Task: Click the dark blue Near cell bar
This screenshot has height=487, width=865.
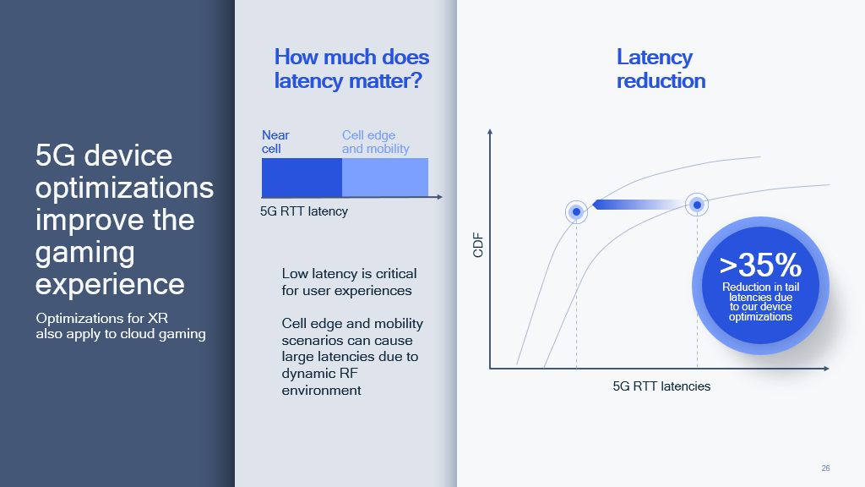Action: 302,178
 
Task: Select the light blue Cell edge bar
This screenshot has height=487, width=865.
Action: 385,178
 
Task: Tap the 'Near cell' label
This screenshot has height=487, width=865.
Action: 275,142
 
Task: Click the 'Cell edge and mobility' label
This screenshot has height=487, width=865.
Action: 375,142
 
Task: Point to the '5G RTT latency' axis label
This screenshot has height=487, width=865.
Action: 304,211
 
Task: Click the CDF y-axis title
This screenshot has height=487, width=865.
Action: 478,245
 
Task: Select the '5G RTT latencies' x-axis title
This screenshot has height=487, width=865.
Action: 661,386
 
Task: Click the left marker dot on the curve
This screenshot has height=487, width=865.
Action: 576,211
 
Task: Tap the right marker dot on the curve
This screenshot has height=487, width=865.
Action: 697,205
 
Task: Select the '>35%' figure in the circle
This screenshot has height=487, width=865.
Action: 760,265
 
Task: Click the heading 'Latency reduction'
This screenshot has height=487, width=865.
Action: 661,69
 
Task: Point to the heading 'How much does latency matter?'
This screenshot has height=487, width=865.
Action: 351,69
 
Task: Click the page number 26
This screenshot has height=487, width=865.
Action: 825,468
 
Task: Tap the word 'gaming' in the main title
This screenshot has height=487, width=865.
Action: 85,253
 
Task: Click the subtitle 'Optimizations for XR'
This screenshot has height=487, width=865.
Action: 102,319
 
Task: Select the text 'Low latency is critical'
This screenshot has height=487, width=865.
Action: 349,274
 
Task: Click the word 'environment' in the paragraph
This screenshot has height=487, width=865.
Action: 321,391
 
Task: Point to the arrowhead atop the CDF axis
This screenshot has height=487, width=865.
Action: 490,131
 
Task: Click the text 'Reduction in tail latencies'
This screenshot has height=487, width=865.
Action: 761,292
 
